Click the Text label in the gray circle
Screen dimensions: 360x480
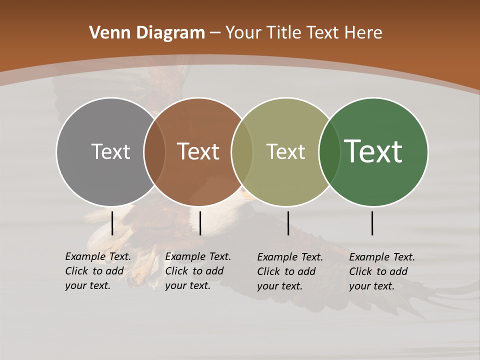[110, 151]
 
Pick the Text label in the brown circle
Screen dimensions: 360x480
[198, 151]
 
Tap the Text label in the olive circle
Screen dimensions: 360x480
[285, 151]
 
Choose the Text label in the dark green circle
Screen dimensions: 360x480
[373, 151]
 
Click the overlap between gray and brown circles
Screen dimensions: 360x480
[154, 151]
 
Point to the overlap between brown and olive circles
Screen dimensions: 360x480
[242, 151]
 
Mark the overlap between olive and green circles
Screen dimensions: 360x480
[329, 151]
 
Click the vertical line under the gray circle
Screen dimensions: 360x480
[112, 223]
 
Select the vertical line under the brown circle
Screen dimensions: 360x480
[200, 223]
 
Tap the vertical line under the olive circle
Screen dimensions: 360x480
[288, 223]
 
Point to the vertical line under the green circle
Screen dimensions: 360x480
[372, 223]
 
